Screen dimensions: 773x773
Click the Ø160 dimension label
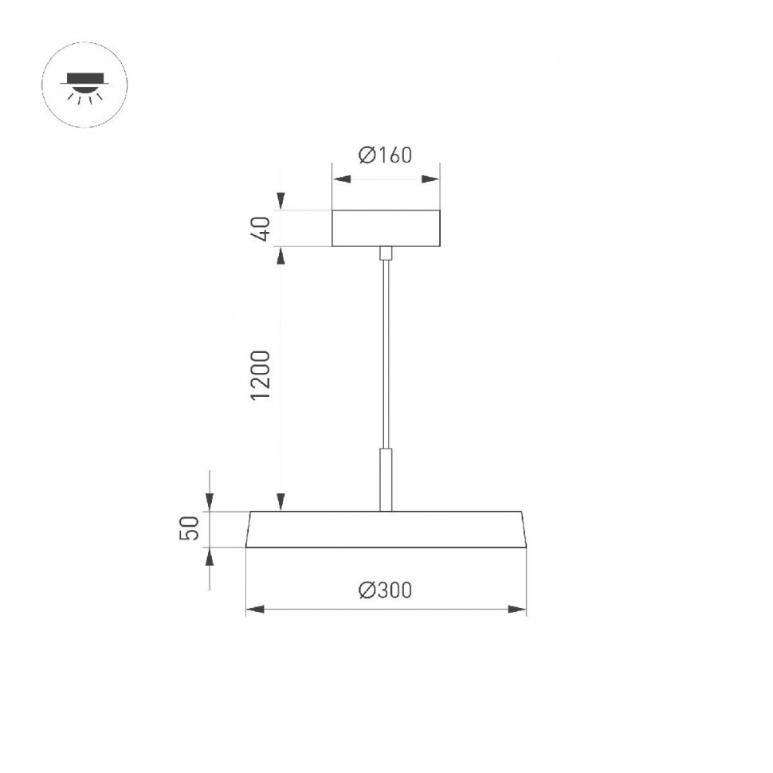point(386,155)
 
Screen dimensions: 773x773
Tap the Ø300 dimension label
point(386,591)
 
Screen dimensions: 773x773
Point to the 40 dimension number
point(264,228)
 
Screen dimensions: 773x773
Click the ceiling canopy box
point(386,228)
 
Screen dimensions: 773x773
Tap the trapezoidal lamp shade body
point(386,529)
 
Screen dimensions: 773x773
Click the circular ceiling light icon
point(84,84)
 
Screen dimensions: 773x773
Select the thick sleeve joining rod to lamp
point(386,478)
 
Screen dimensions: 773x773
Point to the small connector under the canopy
point(386,253)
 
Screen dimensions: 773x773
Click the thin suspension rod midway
point(386,351)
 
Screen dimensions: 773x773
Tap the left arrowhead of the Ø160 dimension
point(341,179)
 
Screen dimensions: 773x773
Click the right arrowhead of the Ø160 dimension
point(431,179)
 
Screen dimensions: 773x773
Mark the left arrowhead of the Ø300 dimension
point(255,610)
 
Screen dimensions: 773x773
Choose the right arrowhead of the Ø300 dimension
point(518,610)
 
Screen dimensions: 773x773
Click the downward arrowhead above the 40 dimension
point(281,202)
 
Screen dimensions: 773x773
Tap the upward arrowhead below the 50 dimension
point(210,557)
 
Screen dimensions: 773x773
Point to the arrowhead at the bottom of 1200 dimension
point(281,502)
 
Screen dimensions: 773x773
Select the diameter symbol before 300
point(367,591)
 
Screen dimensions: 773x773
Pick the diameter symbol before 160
point(367,155)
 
